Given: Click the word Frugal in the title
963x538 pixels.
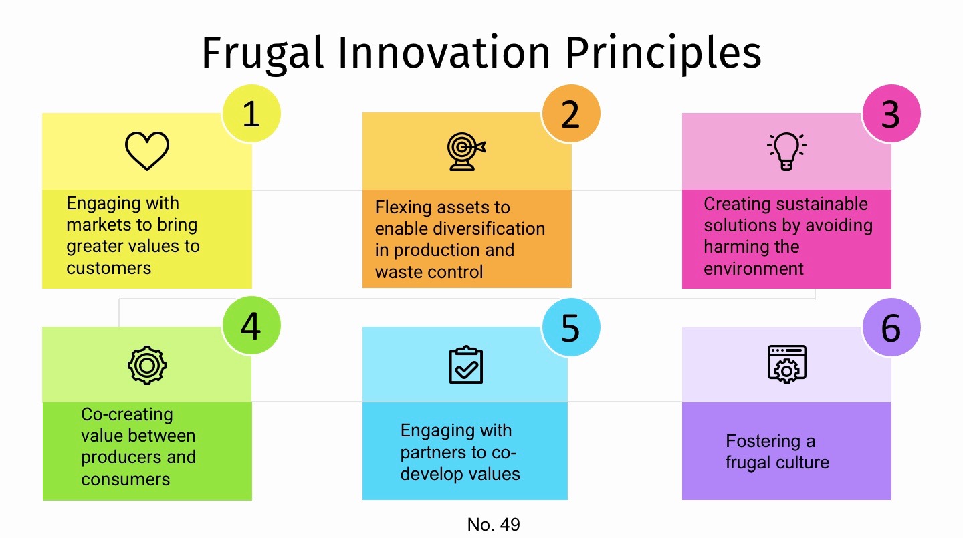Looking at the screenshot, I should (x=262, y=53).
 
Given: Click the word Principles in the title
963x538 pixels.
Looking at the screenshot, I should (x=663, y=53).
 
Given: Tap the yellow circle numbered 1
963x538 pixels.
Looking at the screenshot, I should (x=251, y=114).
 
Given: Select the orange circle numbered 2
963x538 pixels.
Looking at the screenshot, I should (x=570, y=114).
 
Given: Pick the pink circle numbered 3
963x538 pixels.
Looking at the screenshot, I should (x=891, y=114).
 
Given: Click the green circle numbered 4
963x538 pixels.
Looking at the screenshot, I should (x=251, y=327).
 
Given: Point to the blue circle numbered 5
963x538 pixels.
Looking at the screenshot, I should (x=570, y=327).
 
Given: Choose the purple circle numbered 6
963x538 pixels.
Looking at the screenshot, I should (x=891, y=327).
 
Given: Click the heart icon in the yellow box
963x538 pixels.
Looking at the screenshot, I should (x=147, y=151).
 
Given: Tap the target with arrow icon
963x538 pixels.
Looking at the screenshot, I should (x=466, y=152).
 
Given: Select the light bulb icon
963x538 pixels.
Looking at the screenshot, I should (x=786, y=151).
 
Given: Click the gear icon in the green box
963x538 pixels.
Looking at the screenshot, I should (x=147, y=365).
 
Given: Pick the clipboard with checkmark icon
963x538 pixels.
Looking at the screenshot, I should (x=465, y=365).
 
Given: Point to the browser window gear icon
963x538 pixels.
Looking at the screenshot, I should (x=786, y=364).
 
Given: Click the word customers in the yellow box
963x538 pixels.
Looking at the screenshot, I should (x=108, y=268).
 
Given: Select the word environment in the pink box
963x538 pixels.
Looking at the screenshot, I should (x=754, y=269).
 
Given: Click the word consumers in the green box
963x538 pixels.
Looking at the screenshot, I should (x=126, y=479).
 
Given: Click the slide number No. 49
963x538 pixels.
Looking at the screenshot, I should (x=494, y=525).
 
